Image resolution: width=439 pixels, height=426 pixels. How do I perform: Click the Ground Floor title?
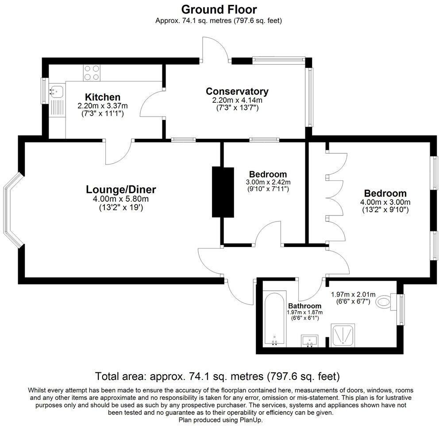tap(219, 9)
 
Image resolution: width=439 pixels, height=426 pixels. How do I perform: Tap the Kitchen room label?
tap(102, 97)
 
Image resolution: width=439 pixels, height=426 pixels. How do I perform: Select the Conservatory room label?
tap(237, 91)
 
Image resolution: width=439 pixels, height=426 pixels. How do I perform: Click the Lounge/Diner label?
tap(121, 190)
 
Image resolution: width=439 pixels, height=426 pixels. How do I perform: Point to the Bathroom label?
tap(304, 306)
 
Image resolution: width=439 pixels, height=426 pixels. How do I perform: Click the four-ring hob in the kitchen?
tap(91, 73)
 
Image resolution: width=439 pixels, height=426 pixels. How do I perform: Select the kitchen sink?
tap(57, 91)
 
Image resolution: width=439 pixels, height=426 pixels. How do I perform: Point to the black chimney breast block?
tap(223, 192)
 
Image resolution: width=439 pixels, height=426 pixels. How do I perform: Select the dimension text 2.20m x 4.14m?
tap(237, 101)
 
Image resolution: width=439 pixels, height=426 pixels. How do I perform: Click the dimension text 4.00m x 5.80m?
tap(121, 199)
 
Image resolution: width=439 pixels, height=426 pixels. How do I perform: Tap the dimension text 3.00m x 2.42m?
tap(268, 182)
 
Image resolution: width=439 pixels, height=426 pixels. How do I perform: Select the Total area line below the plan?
tap(218, 376)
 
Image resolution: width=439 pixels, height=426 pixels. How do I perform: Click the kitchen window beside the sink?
tap(45, 91)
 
